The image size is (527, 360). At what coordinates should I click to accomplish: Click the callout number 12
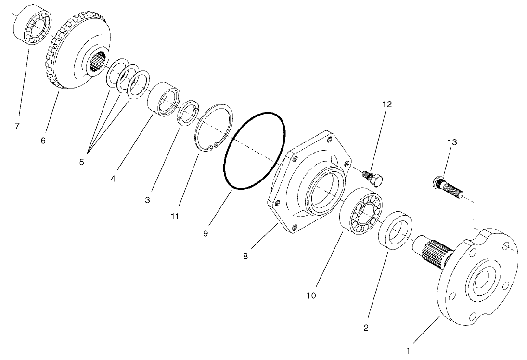[387, 104]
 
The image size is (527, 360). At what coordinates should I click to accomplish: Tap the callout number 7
[17, 126]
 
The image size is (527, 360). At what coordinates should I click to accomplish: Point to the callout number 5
[82, 162]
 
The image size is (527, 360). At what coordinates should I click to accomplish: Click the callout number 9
[206, 233]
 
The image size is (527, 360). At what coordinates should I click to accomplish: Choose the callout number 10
[311, 296]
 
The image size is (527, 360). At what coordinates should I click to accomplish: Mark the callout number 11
[174, 217]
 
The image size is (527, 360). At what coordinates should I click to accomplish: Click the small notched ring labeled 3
[188, 113]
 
